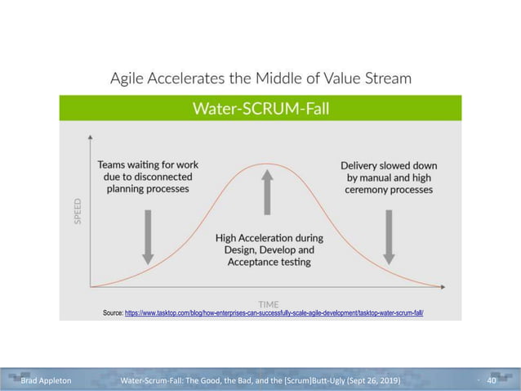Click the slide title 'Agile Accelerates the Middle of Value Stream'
260,79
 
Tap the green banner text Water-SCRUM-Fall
260,108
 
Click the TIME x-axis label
269,303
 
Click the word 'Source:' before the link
113,313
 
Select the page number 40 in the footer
492,381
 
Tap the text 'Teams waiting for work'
147,164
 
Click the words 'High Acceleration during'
269,238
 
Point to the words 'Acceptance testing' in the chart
269,262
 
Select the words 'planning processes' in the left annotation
147,189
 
